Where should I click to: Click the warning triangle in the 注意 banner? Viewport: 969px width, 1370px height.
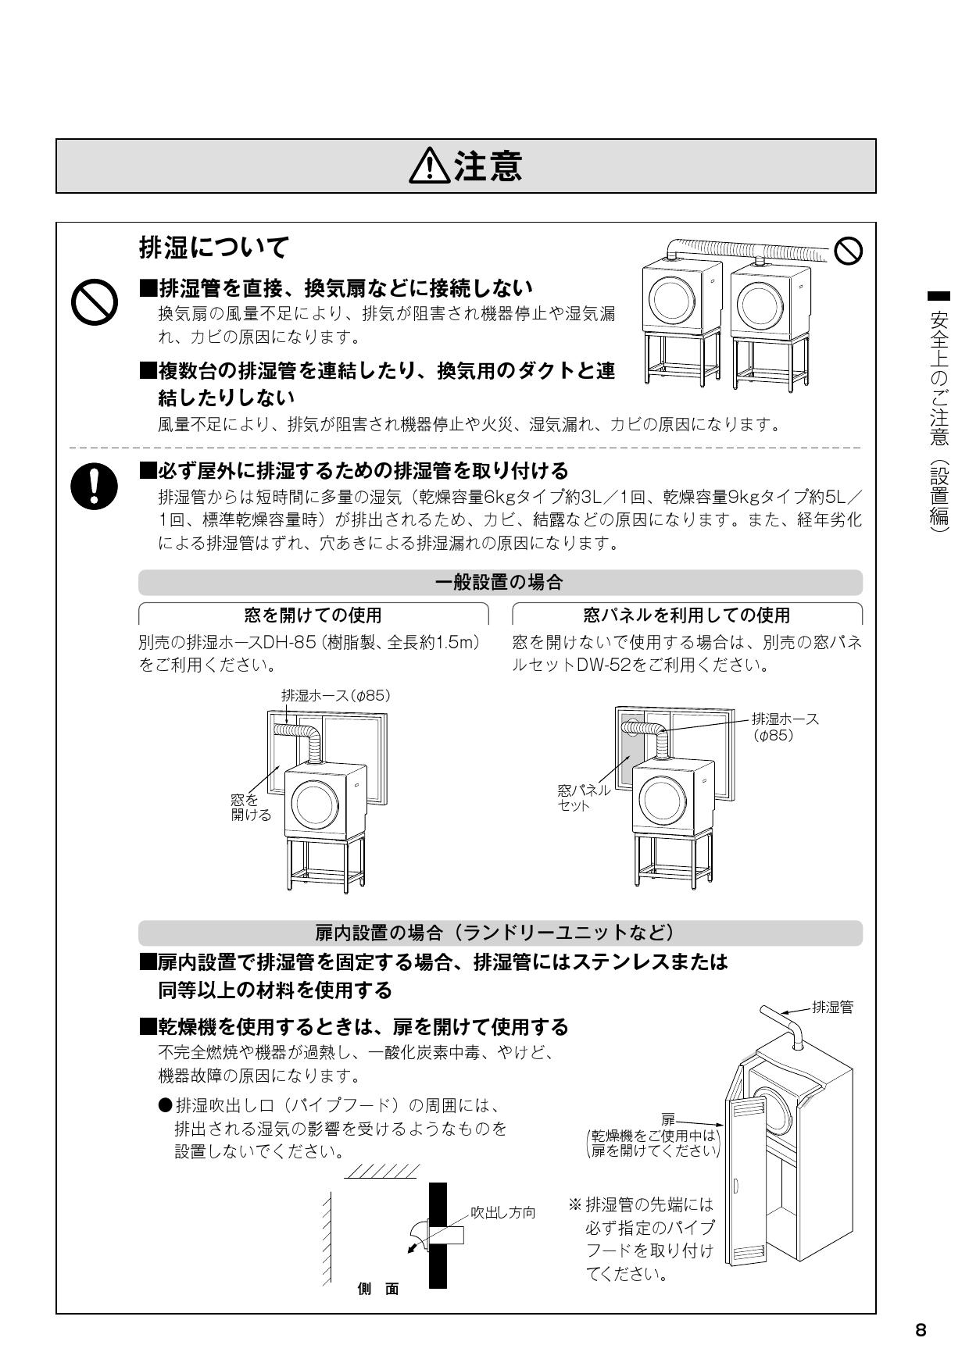(x=431, y=166)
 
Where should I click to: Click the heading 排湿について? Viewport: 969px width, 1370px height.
(x=213, y=248)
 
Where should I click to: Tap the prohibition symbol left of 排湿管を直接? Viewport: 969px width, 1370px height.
(x=94, y=303)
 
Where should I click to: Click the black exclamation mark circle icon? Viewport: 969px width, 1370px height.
(x=94, y=485)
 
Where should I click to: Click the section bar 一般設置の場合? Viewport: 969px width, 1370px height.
(x=500, y=583)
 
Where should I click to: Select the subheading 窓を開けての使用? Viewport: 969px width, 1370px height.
(x=313, y=615)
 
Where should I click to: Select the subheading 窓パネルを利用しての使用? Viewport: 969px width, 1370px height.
(x=687, y=615)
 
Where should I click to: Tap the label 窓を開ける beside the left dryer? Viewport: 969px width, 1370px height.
(x=250, y=808)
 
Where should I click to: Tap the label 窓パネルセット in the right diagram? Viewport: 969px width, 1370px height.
(x=583, y=797)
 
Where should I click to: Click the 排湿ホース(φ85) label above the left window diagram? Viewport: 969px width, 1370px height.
(x=335, y=695)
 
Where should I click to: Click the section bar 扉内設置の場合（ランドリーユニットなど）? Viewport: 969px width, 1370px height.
(x=500, y=933)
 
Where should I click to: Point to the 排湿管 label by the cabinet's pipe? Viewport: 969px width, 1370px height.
(x=832, y=1008)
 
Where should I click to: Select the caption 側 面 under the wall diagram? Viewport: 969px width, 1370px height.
(x=378, y=1290)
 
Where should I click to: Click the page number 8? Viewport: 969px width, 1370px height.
(x=921, y=1330)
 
